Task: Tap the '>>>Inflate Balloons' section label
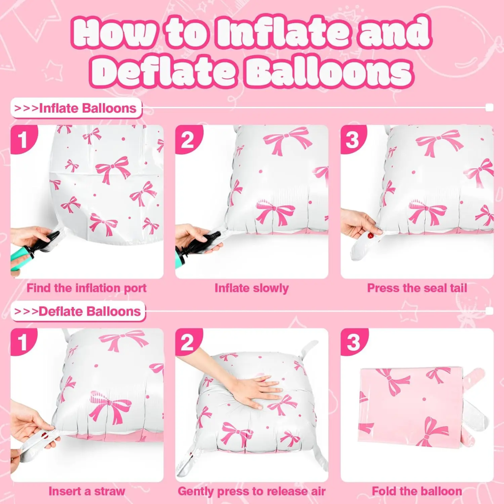tap(76, 108)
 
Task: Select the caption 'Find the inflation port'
tap(87, 288)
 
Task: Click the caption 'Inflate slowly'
tap(252, 288)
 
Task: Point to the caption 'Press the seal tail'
tap(417, 288)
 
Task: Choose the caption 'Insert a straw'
tap(87, 491)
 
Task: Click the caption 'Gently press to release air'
tap(252, 491)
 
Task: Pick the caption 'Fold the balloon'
tap(417, 491)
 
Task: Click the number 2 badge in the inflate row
tap(188, 140)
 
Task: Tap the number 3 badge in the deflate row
tap(353, 343)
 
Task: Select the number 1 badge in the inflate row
tap(23, 140)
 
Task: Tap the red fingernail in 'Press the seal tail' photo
tap(371, 236)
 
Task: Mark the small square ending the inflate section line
tap(489, 108)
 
